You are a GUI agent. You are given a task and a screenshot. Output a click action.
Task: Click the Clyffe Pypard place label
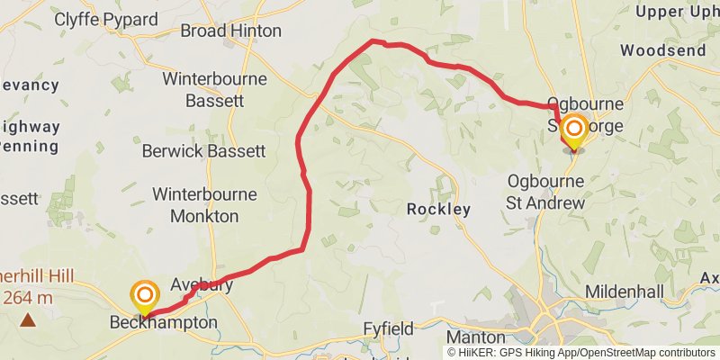(105, 19)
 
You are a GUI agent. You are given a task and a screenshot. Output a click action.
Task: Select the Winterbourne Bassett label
(214, 89)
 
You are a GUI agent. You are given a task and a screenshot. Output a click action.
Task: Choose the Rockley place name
(438, 210)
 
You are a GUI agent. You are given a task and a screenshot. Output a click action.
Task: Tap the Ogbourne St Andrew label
(546, 192)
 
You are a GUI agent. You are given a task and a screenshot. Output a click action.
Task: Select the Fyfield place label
(386, 328)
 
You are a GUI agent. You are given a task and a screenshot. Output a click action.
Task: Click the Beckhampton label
(164, 322)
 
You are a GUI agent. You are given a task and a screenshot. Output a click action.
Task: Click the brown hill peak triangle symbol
(29, 319)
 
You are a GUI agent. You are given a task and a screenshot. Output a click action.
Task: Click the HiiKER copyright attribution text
(580, 352)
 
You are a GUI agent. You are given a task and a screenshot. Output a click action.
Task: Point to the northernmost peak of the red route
(374, 41)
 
